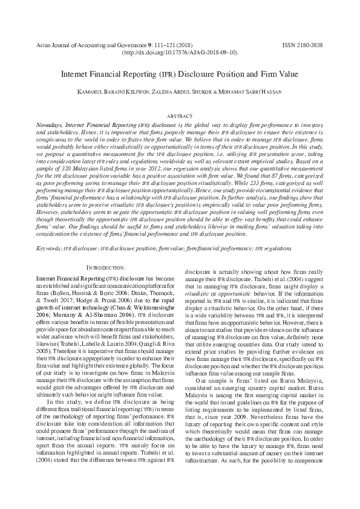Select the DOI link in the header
pyautogui.click(x=180, y=53)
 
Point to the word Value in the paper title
pyautogui.click(x=285, y=74)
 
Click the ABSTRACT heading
pyautogui.click(x=180, y=115)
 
